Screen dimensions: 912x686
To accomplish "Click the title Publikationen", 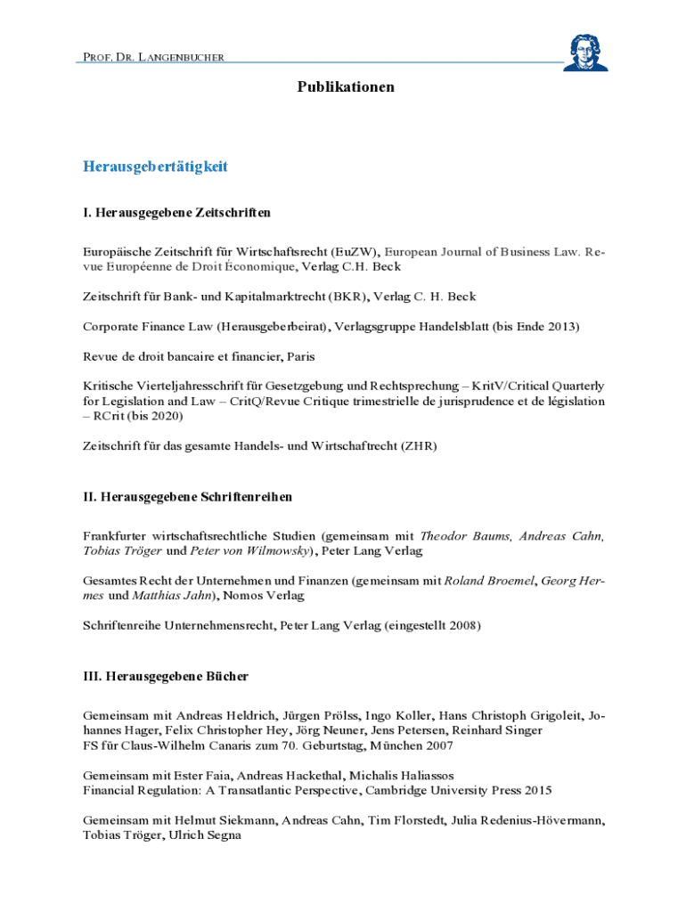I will coord(346,87).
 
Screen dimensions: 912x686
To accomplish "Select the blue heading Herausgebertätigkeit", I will coord(156,167).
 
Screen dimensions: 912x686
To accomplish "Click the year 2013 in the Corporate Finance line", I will coord(562,327).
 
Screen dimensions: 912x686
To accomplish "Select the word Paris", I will coord(300,356).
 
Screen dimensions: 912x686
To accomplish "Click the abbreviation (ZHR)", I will coord(419,444).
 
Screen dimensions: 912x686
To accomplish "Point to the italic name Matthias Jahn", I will coord(173,595).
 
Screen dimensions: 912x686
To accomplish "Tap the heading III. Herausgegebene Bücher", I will coord(166,676).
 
